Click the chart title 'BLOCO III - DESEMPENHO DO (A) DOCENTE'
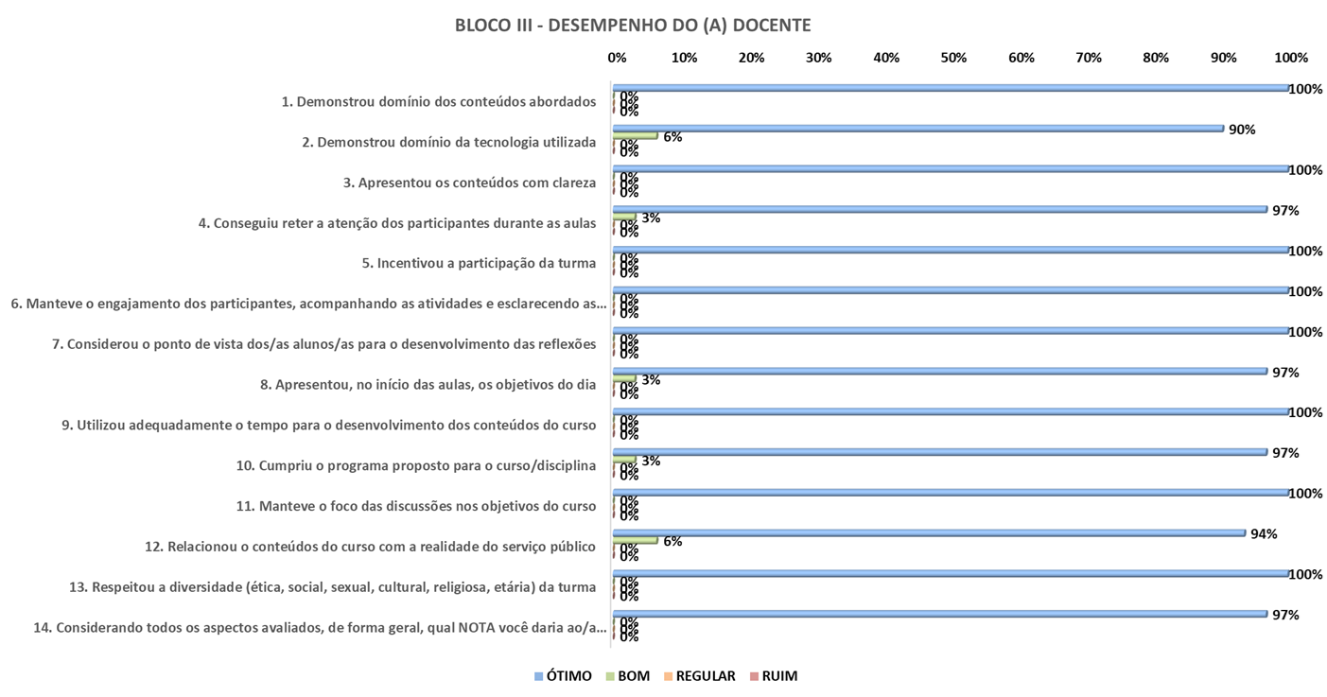[632, 26]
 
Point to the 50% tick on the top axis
[953, 58]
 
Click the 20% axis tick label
[751, 58]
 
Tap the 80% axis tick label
[1156, 58]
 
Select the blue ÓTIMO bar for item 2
[917, 129]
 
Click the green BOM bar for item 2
[636, 135]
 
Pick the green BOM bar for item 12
[636, 540]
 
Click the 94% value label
[1264, 533]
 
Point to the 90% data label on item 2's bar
[1241, 130]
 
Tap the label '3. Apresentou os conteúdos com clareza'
[469, 183]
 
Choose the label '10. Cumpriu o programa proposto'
[415, 465]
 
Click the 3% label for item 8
[651, 379]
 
